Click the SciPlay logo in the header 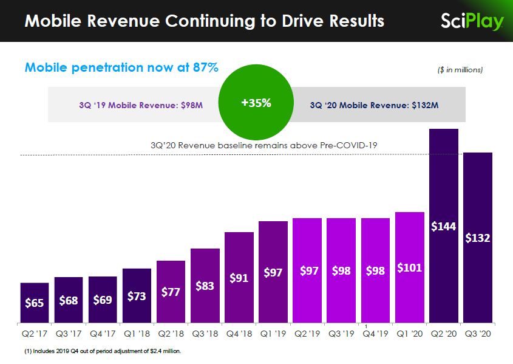472,21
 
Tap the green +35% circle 256,103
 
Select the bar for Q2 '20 444,225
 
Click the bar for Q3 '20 478,237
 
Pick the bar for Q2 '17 34,303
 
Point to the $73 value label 137,296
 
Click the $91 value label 239,278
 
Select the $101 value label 409,267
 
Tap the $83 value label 205,286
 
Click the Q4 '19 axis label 375,334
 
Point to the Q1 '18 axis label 137,334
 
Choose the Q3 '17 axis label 68,334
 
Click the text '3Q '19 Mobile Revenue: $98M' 140,105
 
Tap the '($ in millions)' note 460,70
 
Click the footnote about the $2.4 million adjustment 103,351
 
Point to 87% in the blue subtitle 205,67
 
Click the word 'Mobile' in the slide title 53,21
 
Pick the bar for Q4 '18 239,277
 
